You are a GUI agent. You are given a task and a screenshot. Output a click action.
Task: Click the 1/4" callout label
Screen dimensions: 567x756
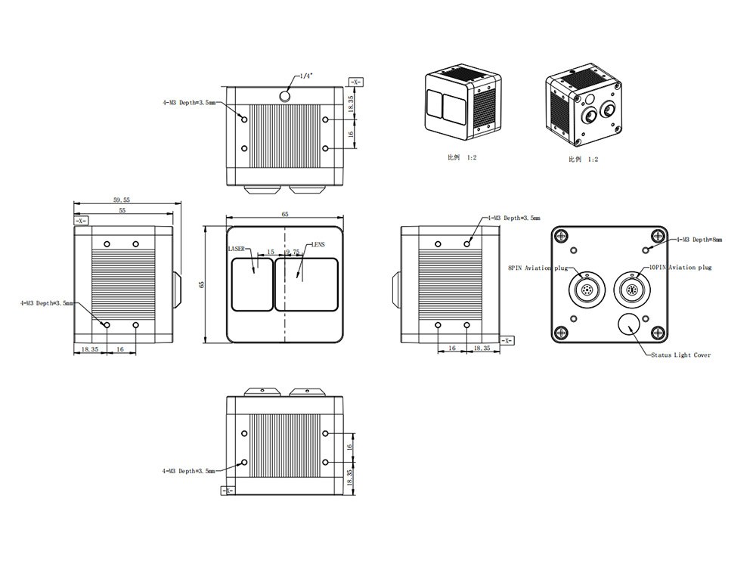click(x=307, y=76)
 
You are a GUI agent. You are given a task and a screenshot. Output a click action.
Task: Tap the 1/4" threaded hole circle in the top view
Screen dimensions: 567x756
click(x=286, y=95)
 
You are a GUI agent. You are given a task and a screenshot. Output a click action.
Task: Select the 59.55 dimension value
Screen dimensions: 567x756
click(x=122, y=200)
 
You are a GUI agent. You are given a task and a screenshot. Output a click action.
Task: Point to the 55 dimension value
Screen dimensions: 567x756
click(x=122, y=212)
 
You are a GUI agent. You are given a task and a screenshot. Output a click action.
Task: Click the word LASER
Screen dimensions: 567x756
click(x=237, y=249)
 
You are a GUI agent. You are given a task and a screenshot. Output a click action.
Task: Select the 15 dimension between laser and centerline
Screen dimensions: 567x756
click(x=270, y=251)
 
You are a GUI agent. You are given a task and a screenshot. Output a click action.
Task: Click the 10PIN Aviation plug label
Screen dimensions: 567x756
click(x=680, y=267)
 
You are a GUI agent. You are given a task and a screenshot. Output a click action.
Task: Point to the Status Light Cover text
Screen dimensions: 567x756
click(x=680, y=355)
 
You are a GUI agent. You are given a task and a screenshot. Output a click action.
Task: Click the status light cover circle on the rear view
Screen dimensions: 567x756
click(x=626, y=323)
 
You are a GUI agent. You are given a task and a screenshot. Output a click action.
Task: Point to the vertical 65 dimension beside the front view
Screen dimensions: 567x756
click(x=202, y=284)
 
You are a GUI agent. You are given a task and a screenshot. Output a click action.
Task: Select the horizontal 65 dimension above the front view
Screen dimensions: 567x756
click(x=285, y=215)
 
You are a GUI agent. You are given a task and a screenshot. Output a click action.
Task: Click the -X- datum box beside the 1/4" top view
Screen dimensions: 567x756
click(x=355, y=80)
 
